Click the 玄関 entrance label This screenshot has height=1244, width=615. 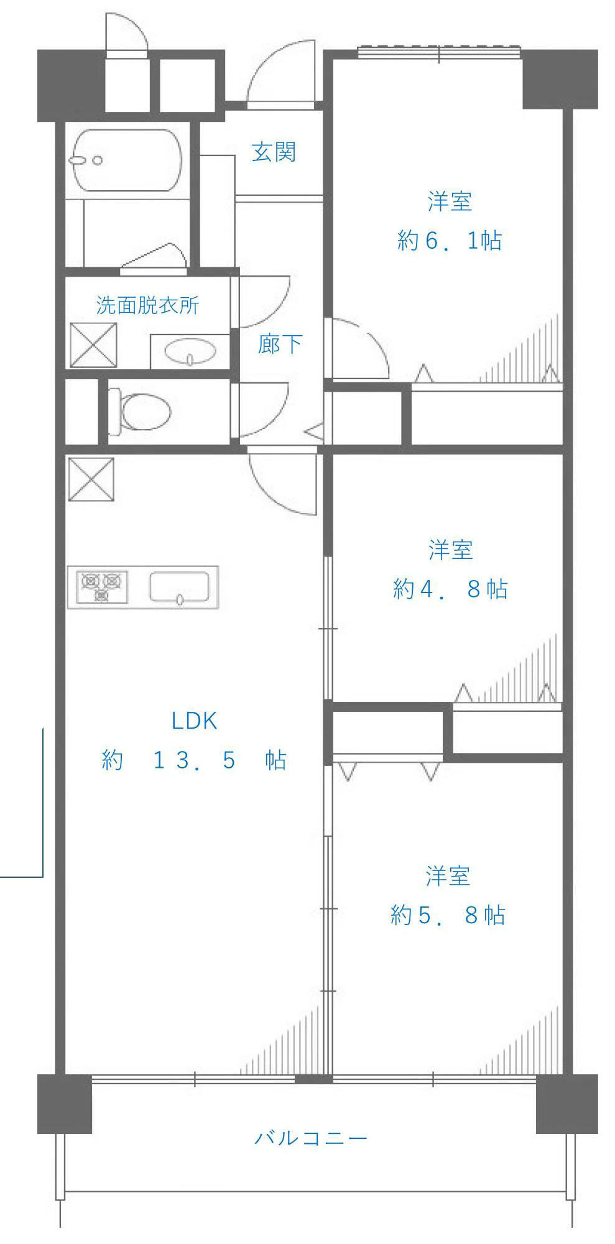(274, 152)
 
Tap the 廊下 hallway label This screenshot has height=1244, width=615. (280, 344)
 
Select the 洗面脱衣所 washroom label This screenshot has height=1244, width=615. (147, 305)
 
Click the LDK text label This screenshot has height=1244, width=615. (194, 721)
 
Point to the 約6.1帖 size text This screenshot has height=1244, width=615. (449, 241)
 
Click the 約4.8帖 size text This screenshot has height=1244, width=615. (450, 589)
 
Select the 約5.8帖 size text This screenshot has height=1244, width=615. (448, 915)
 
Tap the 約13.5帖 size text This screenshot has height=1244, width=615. (194, 760)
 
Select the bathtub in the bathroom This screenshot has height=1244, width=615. (127, 160)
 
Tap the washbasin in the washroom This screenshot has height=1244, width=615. (190, 352)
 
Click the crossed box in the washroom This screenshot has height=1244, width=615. (93, 345)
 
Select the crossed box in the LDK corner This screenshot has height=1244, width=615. (91, 479)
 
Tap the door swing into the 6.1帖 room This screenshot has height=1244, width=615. (358, 348)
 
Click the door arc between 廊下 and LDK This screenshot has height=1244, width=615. (283, 482)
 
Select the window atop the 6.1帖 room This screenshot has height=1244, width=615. (439, 53)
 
